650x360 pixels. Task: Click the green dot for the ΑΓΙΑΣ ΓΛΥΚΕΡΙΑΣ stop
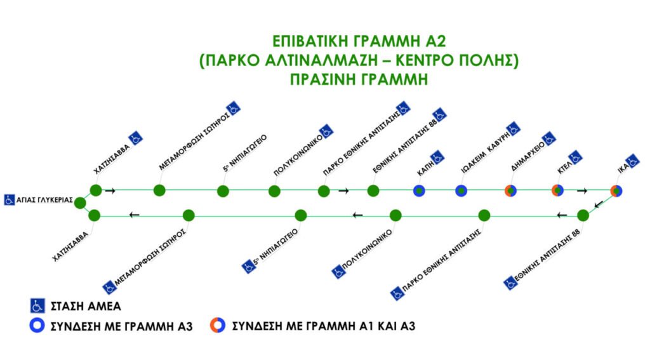coord(80,203)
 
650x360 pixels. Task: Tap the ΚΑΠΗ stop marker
coord(419,190)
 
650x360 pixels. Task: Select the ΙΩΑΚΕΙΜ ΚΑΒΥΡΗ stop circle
coord(461,190)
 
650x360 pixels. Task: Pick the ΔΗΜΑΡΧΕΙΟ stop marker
coord(510,190)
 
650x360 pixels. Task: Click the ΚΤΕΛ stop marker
coord(557,190)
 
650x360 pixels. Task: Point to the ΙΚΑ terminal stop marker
coord(616,190)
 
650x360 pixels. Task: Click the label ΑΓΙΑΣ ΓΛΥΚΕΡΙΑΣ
coord(44,201)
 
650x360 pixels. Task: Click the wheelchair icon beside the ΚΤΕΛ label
coord(575,157)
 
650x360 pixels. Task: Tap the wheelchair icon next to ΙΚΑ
coord(632,161)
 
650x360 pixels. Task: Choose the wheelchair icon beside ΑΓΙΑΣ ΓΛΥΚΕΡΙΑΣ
coord(9,200)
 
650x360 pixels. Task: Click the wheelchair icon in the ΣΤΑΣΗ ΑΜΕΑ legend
coord(37,305)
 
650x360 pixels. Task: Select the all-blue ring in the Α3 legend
coord(37,326)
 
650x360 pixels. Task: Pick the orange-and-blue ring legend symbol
coord(218,326)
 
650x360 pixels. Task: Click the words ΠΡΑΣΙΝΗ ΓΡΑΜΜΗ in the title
coord(359,79)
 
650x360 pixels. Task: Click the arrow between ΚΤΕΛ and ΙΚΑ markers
coord(582,190)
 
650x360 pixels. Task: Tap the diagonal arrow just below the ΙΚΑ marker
coord(599,204)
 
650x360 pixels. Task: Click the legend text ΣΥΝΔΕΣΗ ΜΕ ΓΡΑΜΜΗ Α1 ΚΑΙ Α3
coord(323,326)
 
